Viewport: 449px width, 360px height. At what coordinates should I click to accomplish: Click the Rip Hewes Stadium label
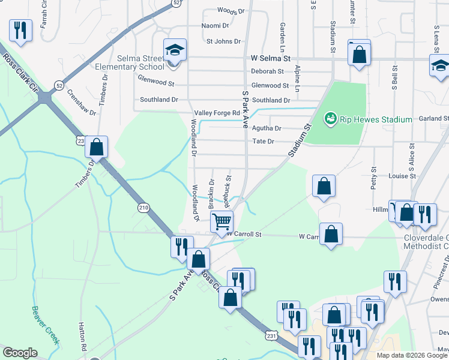376,119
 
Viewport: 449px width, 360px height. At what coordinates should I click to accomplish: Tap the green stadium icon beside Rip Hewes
330,119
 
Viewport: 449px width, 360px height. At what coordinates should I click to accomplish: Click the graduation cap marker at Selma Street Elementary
175,50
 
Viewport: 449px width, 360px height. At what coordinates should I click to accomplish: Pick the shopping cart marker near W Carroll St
222,221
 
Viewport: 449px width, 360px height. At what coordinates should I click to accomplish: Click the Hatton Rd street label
82,336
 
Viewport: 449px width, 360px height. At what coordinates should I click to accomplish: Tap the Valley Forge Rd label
217,113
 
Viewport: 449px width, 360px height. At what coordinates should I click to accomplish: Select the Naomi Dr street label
215,26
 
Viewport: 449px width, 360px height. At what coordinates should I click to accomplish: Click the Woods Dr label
231,11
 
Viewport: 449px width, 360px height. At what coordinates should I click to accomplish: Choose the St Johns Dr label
223,41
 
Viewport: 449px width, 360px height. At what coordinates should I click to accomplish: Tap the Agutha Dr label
267,128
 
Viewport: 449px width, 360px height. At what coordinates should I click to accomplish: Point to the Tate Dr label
263,142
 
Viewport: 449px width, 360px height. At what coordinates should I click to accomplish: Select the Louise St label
402,176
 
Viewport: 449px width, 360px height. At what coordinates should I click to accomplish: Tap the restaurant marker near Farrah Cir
20,31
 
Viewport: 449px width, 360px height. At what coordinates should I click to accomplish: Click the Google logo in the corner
20,353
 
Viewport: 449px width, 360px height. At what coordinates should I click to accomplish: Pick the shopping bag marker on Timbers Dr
96,147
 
